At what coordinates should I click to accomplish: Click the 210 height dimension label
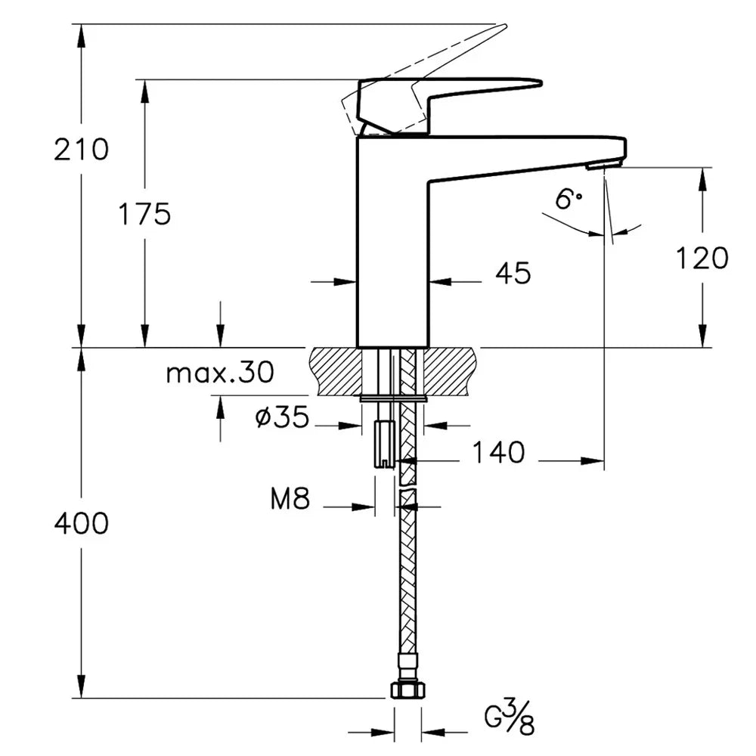tap(81, 150)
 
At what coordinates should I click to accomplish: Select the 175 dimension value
tap(144, 214)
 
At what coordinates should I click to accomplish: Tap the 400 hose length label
tap(81, 524)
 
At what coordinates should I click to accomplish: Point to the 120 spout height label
tap(702, 258)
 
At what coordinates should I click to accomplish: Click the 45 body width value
tap(513, 273)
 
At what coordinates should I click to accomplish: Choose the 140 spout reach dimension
tap(498, 453)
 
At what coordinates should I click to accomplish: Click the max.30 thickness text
tap(220, 372)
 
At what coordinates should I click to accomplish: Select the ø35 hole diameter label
tap(282, 417)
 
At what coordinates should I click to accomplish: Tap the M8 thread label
tap(290, 498)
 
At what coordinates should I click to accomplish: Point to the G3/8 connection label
tap(510, 718)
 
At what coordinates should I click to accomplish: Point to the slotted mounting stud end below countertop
tap(385, 444)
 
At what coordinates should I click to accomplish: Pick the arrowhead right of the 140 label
tap(592, 461)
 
